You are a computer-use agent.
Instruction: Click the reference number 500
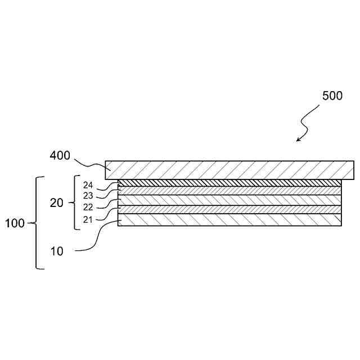click(x=332, y=96)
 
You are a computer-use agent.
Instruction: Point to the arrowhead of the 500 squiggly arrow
click(x=299, y=139)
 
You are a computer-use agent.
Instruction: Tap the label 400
click(x=60, y=155)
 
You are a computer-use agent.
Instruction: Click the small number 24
click(x=88, y=184)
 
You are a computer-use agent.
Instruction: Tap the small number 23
click(x=88, y=195)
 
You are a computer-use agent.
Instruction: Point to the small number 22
click(x=88, y=207)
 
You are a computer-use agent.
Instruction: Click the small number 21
click(x=88, y=219)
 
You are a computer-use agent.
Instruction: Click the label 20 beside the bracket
click(x=57, y=203)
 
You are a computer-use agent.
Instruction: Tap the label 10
click(x=57, y=251)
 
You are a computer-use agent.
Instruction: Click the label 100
click(x=15, y=223)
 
